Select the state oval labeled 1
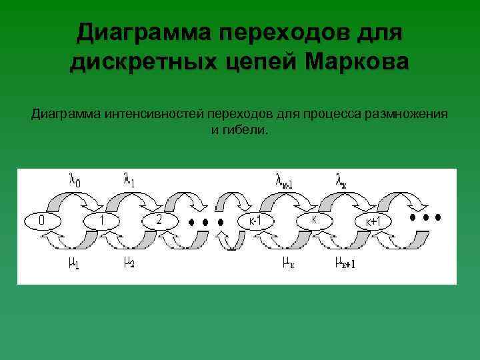[x=101, y=220]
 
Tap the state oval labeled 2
[x=159, y=219]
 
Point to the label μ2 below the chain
[x=129, y=263]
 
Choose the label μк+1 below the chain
[x=345, y=263]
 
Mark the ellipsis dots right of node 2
[x=199, y=221]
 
